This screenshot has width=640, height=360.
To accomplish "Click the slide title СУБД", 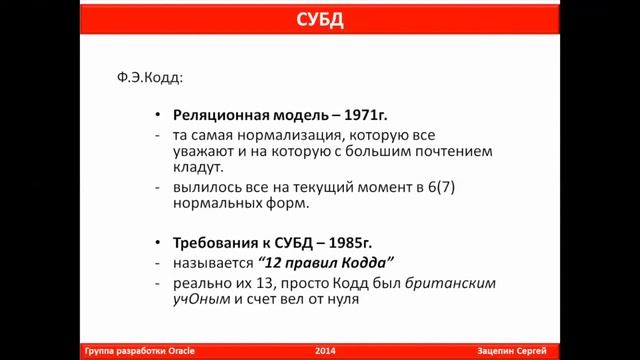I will pos(320,19).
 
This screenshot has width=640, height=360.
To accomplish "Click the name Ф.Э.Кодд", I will pos(150,77).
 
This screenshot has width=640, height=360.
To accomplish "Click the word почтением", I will pos(450,152).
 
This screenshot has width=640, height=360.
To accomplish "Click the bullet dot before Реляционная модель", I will pos(159,114).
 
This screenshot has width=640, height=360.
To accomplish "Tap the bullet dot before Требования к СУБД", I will pos(159,243).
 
